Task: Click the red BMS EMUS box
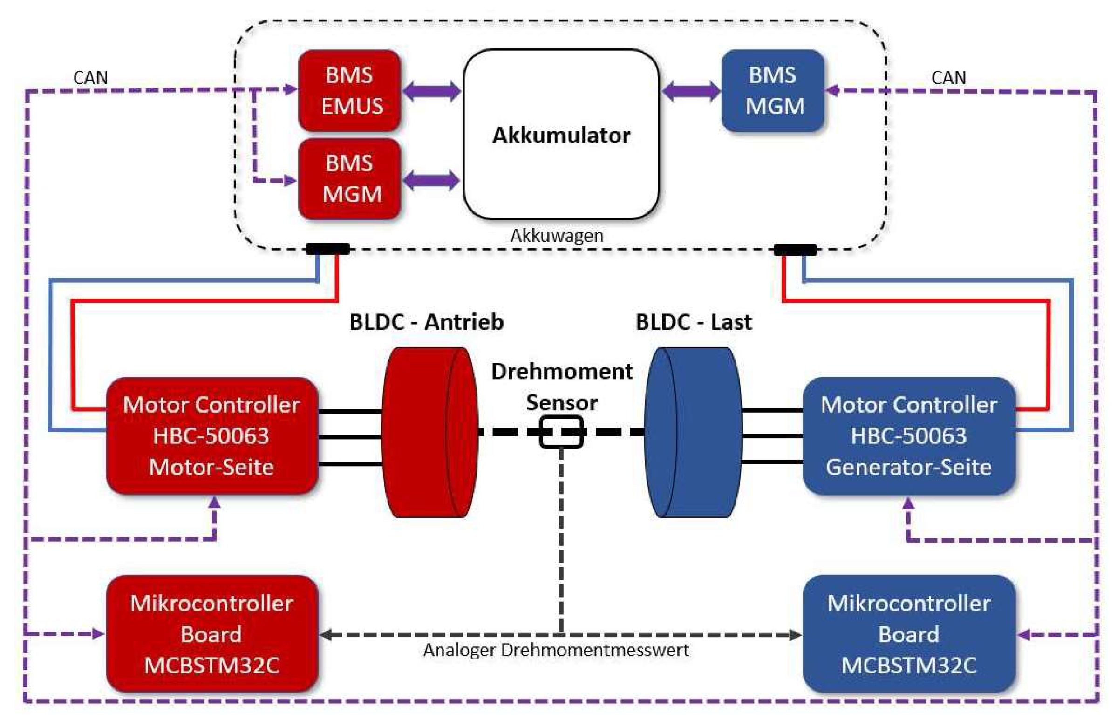point(349,90)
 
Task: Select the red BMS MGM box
point(349,178)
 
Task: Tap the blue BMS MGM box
point(772,90)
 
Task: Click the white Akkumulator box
point(561,134)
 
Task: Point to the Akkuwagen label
point(556,235)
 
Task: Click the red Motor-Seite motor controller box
point(212,435)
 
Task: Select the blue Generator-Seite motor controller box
point(908,435)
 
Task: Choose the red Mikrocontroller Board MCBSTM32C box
point(212,633)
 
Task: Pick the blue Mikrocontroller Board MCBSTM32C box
point(908,633)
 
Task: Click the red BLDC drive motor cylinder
point(429,432)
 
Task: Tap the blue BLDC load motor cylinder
point(693,432)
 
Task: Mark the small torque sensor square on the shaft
point(561,432)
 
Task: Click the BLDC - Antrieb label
point(426,322)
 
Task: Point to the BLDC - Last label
point(694,322)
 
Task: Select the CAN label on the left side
point(90,77)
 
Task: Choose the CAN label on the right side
point(948,77)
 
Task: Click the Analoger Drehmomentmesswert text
point(555,650)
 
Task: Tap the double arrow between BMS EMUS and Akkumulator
point(431,91)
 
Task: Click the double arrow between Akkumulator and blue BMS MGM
point(691,91)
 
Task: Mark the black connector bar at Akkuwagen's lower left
point(327,249)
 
